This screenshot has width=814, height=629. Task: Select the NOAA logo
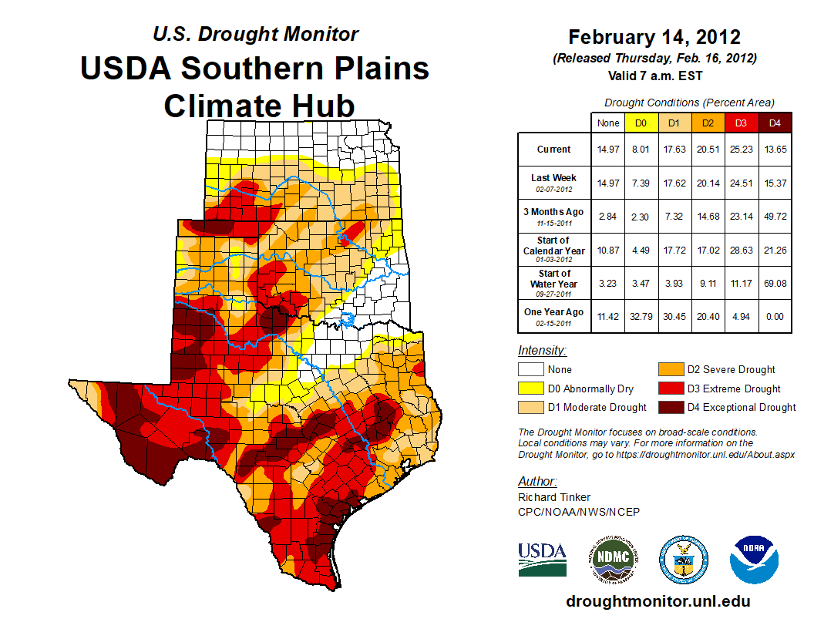click(x=755, y=559)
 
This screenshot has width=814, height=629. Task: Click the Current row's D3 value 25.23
click(x=740, y=150)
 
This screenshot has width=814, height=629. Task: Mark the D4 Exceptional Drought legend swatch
click(x=671, y=408)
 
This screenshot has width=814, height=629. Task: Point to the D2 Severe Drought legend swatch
click(x=671, y=370)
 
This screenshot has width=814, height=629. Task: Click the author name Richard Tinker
click(x=554, y=497)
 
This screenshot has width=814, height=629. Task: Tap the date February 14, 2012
click(x=654, y=37)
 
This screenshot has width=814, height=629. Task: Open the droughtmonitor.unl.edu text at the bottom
click(x=658, y=601)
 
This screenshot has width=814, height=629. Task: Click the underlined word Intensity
click(x=542, y=351)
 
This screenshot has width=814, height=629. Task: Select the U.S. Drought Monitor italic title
click(x=255, y=35)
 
